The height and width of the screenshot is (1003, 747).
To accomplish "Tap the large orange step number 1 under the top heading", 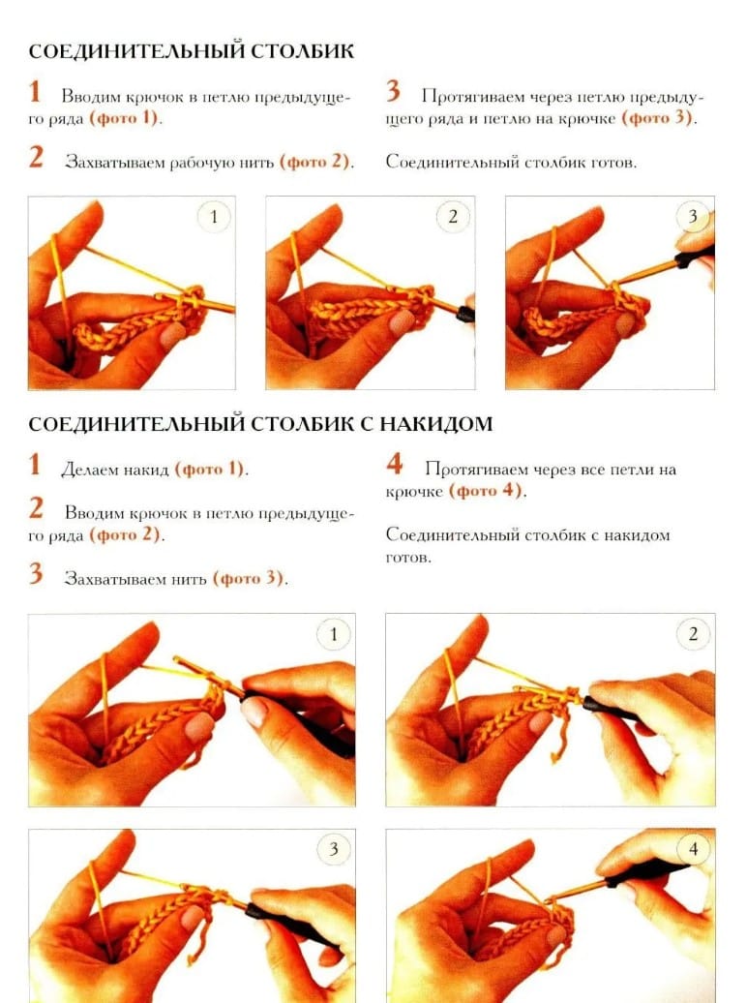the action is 35,91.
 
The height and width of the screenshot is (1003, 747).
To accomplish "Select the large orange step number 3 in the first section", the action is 393,91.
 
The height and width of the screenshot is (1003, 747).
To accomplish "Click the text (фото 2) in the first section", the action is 314,161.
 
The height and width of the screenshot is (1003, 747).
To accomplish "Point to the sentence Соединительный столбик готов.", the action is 511,162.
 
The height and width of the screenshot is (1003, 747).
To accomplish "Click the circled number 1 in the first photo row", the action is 214,216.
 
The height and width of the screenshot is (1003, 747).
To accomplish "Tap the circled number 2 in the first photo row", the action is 453,216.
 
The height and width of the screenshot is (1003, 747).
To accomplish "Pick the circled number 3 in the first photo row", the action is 693,216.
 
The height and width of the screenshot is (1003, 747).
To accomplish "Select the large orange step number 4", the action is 394,465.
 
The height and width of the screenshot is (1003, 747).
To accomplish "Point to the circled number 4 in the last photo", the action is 693,849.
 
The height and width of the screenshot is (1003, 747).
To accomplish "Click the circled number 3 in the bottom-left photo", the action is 333,849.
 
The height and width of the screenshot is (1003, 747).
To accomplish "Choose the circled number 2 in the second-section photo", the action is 693,634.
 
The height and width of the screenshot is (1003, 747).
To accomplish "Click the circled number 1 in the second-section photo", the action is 333,634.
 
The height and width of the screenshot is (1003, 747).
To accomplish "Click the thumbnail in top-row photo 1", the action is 172,335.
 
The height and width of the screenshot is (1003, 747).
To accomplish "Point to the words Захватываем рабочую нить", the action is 169,162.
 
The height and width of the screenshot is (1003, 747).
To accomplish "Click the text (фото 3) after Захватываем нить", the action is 249,578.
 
